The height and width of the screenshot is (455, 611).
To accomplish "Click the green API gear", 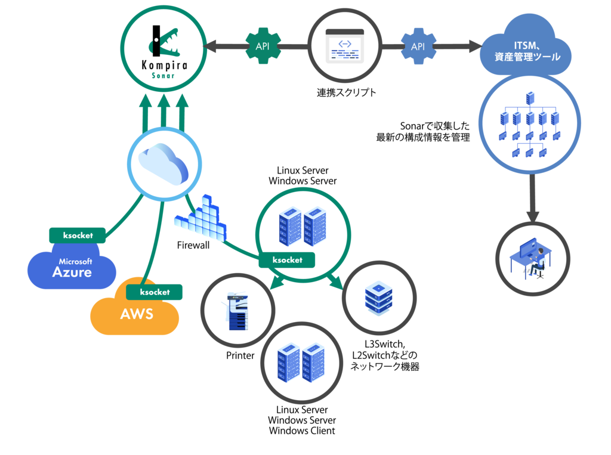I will (263, 46).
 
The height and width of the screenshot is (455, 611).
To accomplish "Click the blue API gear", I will (418, 46).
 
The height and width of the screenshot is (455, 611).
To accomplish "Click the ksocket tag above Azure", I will (78, 235).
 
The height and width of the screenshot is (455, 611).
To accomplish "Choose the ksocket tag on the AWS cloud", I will (155, 292).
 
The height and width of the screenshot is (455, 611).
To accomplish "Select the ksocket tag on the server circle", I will (287, 260).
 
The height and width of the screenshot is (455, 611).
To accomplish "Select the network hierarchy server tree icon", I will (529, 125).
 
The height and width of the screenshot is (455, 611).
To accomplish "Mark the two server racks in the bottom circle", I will (301, 363).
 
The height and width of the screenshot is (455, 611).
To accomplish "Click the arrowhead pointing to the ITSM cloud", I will (475, 46).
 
